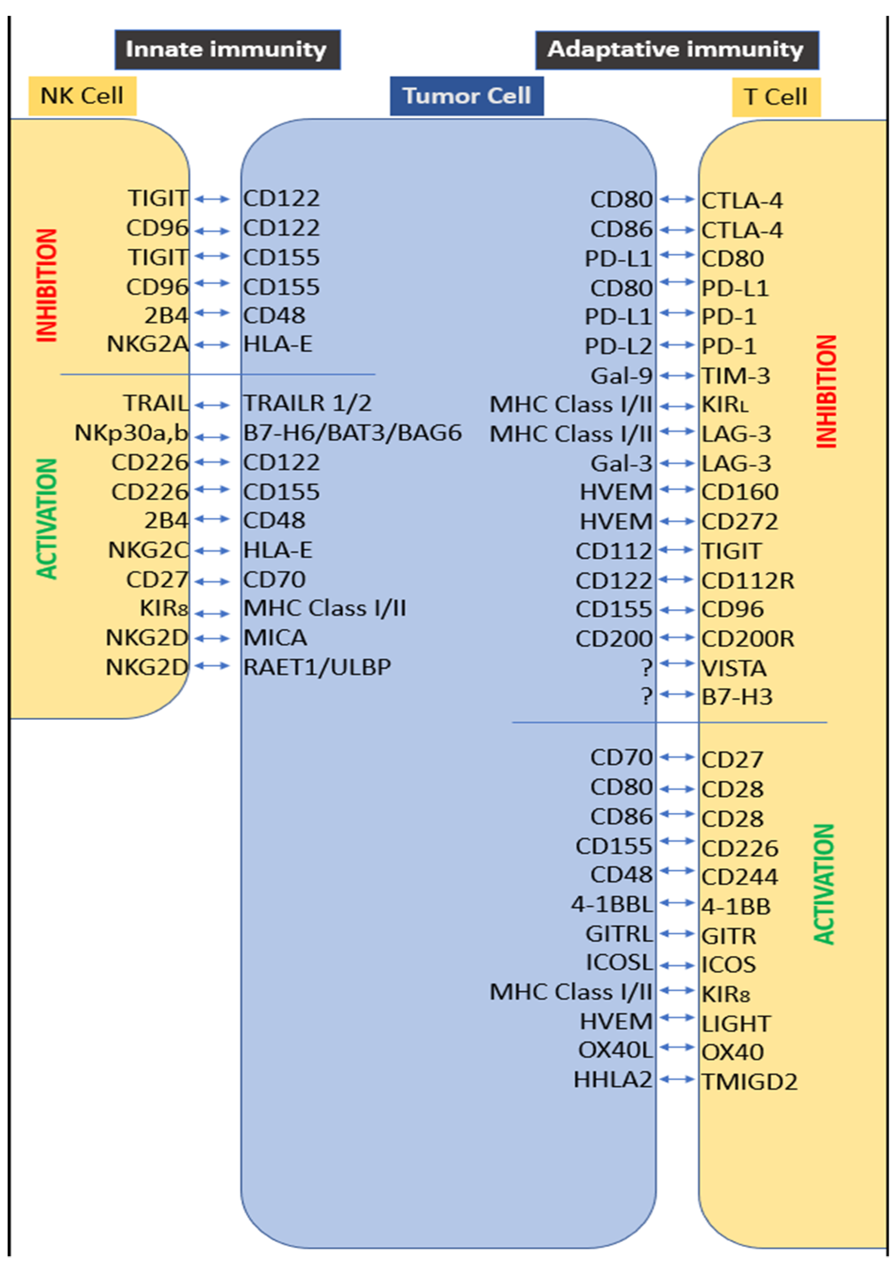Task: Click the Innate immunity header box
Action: point(227,50)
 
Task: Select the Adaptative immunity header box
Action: point(676,50)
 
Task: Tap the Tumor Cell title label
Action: point(467,96)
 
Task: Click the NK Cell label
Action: point(82,96)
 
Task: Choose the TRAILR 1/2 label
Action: point(307,403)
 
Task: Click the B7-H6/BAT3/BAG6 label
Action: point(352,433)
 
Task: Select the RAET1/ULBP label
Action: point(317,667)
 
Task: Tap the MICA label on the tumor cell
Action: point(275,638)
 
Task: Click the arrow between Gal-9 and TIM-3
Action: point(677,376)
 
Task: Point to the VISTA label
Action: point(734,668)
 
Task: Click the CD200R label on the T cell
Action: point(748,639)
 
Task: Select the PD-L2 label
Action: point(618,346)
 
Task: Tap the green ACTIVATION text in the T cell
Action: point(824,884)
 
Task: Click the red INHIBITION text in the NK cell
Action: point(47,286)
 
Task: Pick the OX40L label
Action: point(615,1050)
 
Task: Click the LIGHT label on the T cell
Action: point(736,1024)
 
